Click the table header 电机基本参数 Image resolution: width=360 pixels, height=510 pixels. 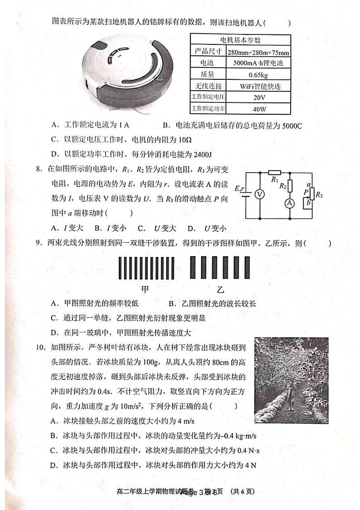click(241, 39)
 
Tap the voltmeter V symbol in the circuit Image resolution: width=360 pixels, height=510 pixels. click(259, 194)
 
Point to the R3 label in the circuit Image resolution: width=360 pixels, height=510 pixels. click(319, 195)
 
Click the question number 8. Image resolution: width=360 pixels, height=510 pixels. click(38, 170)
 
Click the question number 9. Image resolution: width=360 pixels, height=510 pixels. click(38, 243)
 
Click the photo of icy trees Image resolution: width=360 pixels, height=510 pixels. click(291, 380)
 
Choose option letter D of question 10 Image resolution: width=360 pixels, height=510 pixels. click(54, 465)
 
